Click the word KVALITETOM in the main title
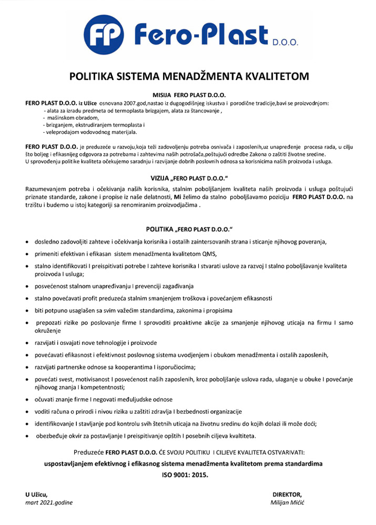[276, 77]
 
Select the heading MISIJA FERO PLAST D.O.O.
[189, 95]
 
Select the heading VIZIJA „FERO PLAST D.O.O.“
[189, 178]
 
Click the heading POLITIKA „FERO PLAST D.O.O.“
[189, 230]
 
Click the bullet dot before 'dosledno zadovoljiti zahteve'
[27, 242]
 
